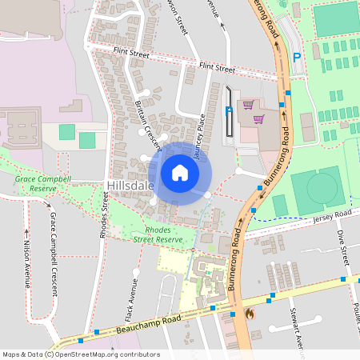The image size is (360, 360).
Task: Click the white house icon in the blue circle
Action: (180, 173)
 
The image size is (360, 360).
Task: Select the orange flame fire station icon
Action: (249, 314)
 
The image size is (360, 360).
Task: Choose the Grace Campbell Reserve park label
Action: (43, 184)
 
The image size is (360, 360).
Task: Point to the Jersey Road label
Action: (332, 217)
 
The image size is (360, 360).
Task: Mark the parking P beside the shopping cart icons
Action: (228, 112)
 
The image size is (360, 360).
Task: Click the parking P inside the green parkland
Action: (298, 58)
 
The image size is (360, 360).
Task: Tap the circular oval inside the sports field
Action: (322, 188)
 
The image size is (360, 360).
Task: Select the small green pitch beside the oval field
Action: (280, 205)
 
